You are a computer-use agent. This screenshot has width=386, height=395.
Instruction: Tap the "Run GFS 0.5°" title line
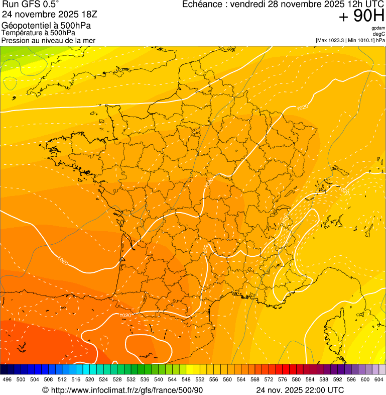31,5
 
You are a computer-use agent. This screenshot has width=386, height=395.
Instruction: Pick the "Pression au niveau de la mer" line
49,40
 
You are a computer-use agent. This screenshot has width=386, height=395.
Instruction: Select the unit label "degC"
379,34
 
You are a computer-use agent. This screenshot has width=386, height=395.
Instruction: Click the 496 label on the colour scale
7,379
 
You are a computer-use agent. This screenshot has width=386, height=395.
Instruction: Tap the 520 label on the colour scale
90,379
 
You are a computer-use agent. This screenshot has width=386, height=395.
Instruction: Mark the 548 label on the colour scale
186,379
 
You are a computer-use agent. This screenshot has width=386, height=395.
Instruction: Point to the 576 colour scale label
283,379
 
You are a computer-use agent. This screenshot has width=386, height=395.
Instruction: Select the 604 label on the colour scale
379,379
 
